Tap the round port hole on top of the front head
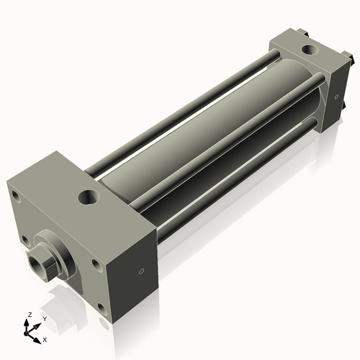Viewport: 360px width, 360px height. [x=89, y=195]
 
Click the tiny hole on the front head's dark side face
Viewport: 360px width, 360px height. [x=141, y=271]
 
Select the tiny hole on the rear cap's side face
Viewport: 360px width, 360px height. [x=335, y=97]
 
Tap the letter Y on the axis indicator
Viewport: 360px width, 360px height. [x=44, y=318]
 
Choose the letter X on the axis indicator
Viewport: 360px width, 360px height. [x=45, y=338]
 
